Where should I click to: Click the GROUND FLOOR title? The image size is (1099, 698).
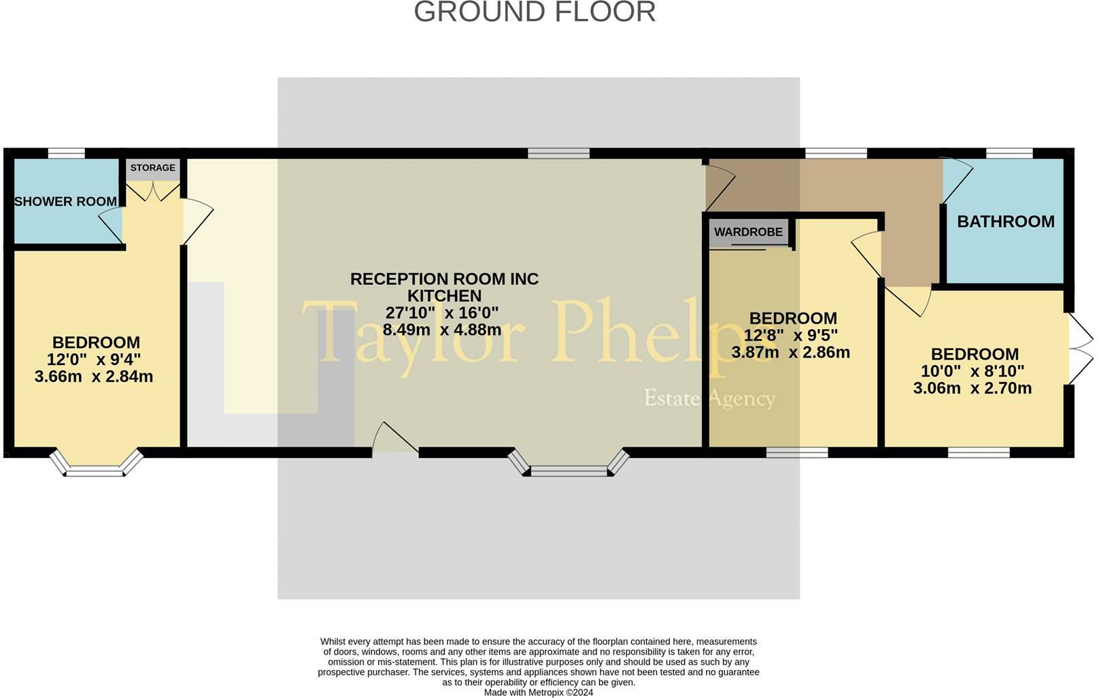tap(535, 12)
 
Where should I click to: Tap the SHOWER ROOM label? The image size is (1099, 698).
tap(65, 202)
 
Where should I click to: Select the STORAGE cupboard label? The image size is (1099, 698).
tap(153, 168)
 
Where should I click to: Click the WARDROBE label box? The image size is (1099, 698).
tap(748, 232)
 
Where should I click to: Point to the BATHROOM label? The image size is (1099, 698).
tap(1005, 222)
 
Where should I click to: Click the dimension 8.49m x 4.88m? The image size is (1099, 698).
tap(442, 330)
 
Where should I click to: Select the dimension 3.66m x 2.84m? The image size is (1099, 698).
tap(94, 377)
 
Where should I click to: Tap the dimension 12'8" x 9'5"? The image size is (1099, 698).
tap(791, 336)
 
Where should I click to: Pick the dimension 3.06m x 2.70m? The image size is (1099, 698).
tap(972, 389)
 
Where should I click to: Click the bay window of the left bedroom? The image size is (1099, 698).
tap(96, 466)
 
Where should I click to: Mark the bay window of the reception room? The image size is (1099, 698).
tap(569, 466)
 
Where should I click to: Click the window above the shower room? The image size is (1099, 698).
tap(67, 154)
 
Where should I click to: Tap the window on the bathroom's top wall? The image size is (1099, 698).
tap(1009, 154)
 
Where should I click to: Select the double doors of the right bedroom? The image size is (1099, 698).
tap(1080, 349)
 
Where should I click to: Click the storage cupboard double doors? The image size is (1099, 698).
tap(153, 191)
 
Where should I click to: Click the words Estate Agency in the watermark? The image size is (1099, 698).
tap(709, 398)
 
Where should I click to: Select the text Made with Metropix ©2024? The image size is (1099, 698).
tap(538, 693)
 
